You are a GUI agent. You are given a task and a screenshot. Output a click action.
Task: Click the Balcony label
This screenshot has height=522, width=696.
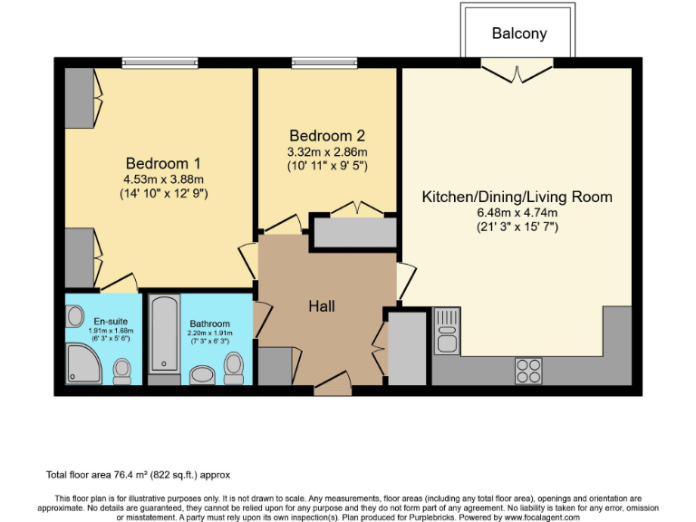coord(519,34)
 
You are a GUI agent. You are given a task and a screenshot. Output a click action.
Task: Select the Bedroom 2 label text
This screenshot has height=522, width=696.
coord(326,137)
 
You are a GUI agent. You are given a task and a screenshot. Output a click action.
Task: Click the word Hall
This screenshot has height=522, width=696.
coord(322,306)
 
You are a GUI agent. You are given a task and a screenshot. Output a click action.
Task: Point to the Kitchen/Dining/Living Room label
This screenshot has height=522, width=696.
coord(517,197)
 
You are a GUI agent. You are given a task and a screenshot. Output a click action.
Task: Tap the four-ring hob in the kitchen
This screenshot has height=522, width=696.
coord(528,370)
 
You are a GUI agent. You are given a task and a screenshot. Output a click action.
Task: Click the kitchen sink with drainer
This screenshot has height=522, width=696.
coord(447,331)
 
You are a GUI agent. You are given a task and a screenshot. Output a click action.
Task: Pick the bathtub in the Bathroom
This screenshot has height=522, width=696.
coord(164,333)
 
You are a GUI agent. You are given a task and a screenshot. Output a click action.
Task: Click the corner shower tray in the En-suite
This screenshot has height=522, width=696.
coord(83,364)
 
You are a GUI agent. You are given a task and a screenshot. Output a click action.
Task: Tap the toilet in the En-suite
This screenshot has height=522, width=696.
coord(121,368)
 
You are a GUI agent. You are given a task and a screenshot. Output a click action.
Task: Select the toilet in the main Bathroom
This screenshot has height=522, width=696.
coord(234,366)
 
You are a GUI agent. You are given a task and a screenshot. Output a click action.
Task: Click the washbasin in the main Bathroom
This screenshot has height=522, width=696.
coord(204,374)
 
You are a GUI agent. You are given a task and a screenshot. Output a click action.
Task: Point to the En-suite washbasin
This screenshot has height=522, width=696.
coord(74,316)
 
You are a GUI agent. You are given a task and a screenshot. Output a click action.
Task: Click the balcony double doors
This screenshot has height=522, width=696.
coord(514,69)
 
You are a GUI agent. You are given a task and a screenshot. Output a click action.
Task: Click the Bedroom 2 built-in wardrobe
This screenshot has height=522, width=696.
coord(353,233)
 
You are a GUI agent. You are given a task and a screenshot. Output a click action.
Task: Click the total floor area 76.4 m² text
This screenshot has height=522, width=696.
coord(144,474)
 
